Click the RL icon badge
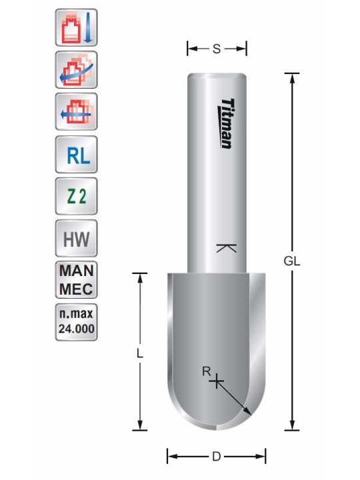(76, 155)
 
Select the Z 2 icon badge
(76, 196)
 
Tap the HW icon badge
(76, 238)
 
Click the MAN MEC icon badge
(76, 280)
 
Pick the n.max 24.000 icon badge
(76, 322)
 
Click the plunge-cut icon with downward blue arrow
(76, 27)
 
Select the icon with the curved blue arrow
(76, 70)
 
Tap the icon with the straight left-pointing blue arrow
(76, 112)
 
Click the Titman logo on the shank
(226, 123)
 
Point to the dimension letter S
(217, 49)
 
